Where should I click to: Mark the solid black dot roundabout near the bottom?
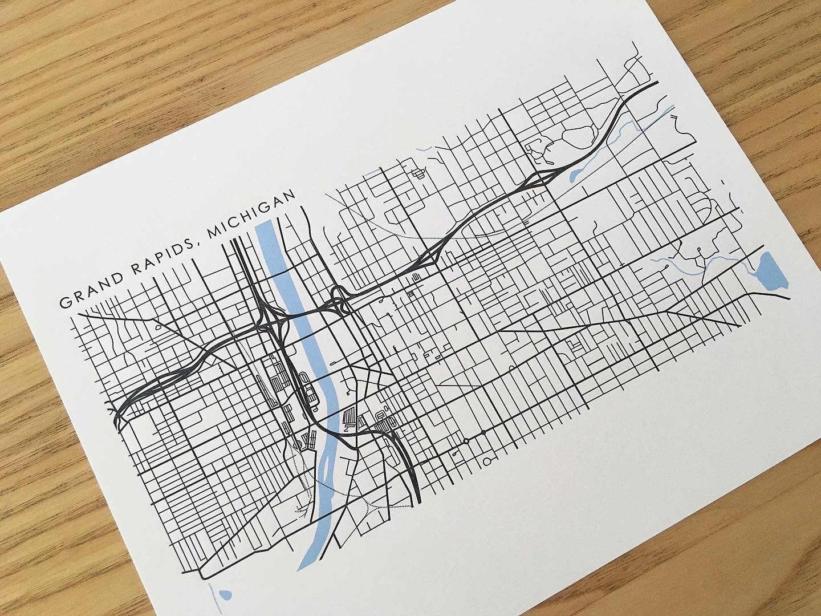click(483, 432)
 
